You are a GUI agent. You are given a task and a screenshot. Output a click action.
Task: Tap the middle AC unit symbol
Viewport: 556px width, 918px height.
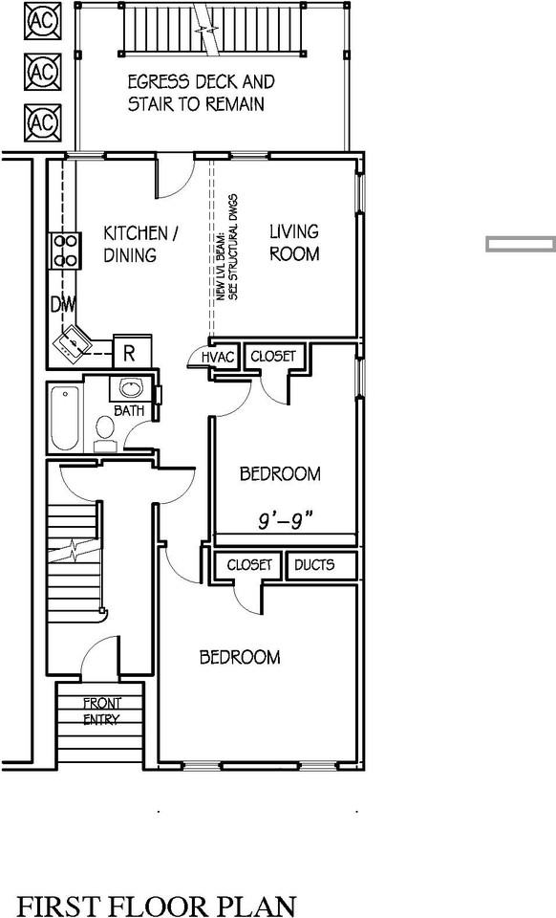[x=41, y=71]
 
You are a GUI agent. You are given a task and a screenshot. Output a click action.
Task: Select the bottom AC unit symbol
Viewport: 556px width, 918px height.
[x=41, y=121]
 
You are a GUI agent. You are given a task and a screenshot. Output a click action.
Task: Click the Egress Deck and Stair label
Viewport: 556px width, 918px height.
[x=202, y=93]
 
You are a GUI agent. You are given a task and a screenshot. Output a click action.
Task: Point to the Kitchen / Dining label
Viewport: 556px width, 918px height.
[x=141, y=244]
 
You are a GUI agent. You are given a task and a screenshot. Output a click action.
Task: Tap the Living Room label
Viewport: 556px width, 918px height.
[x=294, y=243]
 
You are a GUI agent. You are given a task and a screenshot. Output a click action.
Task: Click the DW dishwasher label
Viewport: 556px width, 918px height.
[x=63, y=305]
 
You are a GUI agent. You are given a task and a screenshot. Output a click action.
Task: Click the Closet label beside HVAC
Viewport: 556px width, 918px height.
[x=273, y=357]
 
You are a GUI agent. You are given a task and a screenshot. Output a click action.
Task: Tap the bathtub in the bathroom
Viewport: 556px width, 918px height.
[x=63, y=418]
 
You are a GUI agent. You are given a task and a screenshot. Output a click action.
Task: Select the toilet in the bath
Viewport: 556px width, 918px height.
[x=105, y=432]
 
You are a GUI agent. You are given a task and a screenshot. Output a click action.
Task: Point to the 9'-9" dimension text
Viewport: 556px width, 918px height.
[x=285, y=521]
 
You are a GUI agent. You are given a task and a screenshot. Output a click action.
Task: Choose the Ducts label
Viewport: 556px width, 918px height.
[x=314, y=565]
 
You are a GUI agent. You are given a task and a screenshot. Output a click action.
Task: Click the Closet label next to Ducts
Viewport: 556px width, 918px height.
[x=249, y=565]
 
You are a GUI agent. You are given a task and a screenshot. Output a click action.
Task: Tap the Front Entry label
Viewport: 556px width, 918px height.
[x=101, y=711]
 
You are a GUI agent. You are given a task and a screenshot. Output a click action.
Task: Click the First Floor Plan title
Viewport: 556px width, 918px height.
[x=157, y=905]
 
